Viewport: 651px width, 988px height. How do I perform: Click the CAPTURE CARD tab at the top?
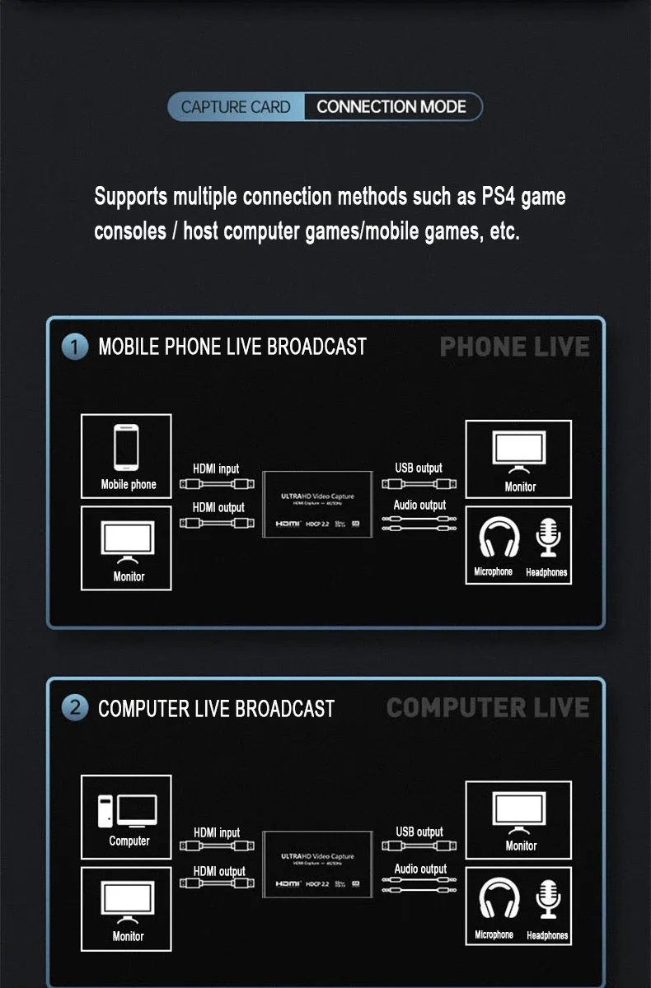[236, 107]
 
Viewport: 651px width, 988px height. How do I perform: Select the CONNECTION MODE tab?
[391, 107]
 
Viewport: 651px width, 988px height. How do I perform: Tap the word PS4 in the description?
[499, 198]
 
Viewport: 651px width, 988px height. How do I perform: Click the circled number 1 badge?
[74, 347]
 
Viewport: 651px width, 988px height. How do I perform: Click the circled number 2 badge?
[74, 707]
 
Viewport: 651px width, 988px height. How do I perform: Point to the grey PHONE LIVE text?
[514, 347]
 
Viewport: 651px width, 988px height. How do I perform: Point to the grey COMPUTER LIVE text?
[487, 707]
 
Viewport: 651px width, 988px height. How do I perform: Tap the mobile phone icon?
[126, 447]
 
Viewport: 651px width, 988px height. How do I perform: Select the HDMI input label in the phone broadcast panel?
[216, 468]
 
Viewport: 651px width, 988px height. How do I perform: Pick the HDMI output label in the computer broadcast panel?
[219, 871]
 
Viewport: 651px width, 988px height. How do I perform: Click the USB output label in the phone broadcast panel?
[419, 468]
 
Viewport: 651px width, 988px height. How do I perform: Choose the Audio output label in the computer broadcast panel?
[420, 869]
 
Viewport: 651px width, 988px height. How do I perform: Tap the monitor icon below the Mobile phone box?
[128, 540]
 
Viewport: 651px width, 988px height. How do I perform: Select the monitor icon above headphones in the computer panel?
[519, 810]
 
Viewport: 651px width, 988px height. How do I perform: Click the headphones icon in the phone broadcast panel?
[499, 538]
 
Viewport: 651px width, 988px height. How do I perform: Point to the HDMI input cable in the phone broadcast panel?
[216, 484]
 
